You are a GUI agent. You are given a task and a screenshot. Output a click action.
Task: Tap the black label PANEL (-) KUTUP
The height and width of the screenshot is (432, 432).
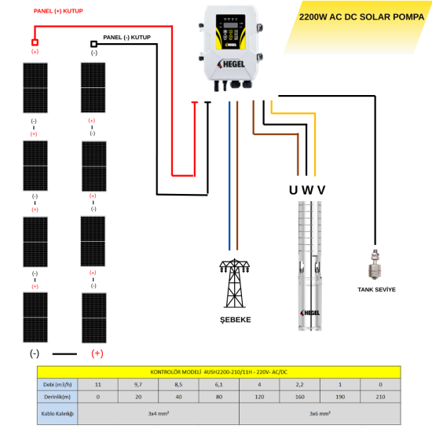pos(126,37)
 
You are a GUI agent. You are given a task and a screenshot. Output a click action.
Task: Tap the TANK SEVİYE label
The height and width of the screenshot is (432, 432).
pos(376,290)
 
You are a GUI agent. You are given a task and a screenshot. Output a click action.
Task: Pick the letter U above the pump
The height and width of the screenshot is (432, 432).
pos(294,189)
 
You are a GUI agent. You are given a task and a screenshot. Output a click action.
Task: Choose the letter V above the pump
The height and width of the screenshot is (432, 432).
pos(320,189)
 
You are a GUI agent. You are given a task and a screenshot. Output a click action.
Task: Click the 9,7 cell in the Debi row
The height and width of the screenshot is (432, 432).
pos(138,385)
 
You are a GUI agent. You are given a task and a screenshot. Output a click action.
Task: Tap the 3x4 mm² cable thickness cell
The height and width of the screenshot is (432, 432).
pos(158,413)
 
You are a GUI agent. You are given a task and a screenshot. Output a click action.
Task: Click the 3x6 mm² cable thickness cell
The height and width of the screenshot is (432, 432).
pos(319,413)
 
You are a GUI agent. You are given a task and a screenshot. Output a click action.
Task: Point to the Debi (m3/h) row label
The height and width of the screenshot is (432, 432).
pos(57,385)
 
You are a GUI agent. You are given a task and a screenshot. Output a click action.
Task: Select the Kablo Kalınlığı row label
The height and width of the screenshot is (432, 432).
pos(57,413)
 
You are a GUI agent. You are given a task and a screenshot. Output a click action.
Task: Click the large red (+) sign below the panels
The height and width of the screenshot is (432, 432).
pos(98,353)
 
